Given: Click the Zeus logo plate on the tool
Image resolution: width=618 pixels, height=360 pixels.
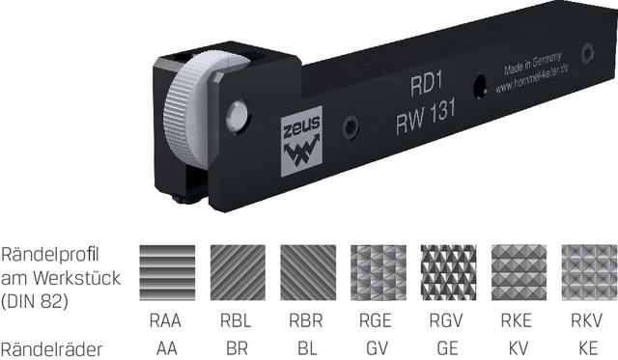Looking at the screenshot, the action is (301, 141).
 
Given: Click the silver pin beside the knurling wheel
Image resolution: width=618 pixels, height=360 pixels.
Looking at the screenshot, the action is (238, 116).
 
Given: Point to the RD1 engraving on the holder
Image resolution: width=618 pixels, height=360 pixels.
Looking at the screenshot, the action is (427, 85).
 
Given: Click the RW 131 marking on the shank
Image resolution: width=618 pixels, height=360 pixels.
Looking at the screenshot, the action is (426, 116).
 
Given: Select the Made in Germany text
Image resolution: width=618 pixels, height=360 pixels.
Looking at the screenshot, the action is (532, 64).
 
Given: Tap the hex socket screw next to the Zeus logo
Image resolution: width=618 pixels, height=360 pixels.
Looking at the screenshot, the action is (351, 127).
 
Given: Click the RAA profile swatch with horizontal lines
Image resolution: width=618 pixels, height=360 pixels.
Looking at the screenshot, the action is (167, 272).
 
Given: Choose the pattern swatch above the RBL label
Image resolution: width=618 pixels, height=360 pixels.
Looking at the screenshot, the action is (238, 272).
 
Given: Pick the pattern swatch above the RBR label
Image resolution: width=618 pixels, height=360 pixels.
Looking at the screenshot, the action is (308, 272).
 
